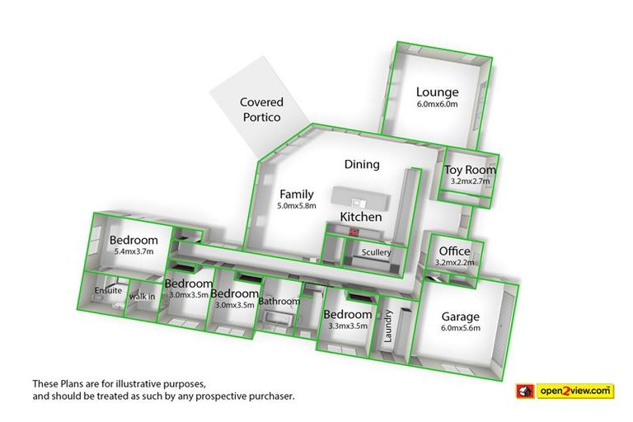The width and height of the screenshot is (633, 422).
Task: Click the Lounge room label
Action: [x=437, y=91]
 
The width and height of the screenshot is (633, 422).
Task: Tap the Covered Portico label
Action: [x=261, y=110]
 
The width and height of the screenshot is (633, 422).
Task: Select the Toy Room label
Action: [x=471, y=170]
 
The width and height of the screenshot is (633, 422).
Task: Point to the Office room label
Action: [x=454, y=251]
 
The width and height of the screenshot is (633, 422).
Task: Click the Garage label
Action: [x=460, y=316]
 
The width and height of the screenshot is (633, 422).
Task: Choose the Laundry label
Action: [x=389, y=325]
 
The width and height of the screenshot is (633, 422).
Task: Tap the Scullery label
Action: [x=376, y=252]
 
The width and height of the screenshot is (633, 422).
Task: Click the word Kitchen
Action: [x=362, y=217]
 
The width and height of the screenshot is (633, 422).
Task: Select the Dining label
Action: [x=362, y=164]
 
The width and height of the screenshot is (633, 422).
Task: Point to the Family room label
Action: [x=297, y=195]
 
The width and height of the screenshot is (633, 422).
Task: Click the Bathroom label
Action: [x=279, y=302]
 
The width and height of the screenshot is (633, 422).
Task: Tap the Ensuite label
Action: [x=108, y=291]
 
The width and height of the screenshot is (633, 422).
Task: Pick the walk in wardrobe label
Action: [x=142, y=297]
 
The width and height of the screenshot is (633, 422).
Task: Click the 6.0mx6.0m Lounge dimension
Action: [x=437, y=105]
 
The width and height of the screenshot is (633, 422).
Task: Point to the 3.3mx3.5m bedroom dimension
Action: [x=347, y=326]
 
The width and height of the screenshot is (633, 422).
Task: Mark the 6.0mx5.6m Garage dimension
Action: [x=460, y=328]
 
